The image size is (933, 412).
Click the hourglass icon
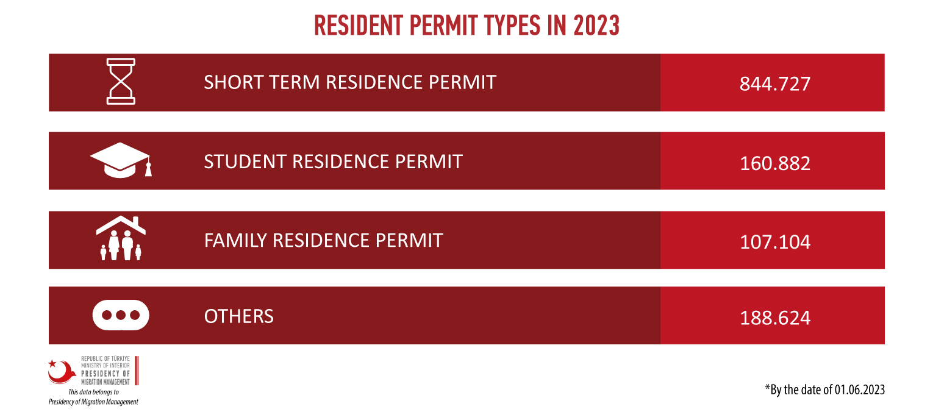tap(121, 81)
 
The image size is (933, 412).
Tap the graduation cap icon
tap(121, 160)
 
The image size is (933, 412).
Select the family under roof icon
tap(121, 238)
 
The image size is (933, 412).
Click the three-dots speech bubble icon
tap(121, 315)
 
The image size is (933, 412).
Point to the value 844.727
tap(774, 83)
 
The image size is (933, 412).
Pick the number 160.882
tap(774, 163)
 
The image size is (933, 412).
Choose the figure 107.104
tap(774, 242)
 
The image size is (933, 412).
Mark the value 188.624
tap(774, 318)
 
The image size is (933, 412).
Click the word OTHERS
tap(238, 316)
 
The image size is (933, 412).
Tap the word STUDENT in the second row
tap(245, 162)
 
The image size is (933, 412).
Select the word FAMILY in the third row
tap(235, 241)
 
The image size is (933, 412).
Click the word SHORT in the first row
tap(233, 82)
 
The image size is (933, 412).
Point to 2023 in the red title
tap(596, 26)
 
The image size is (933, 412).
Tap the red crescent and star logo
tap(62, 371)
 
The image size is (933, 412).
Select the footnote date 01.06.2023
tap(860, 390)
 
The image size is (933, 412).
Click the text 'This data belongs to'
tap(93, 392)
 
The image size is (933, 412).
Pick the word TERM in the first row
tap(295, 82)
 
